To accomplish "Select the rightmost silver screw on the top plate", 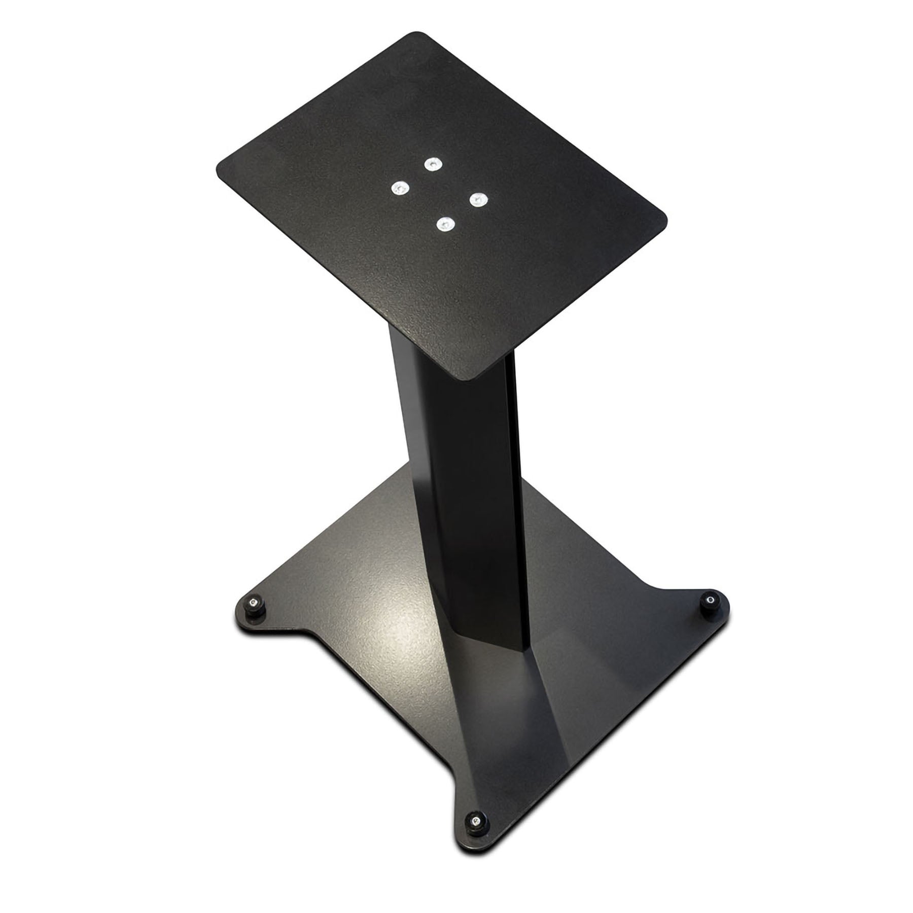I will pos(477,199).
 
